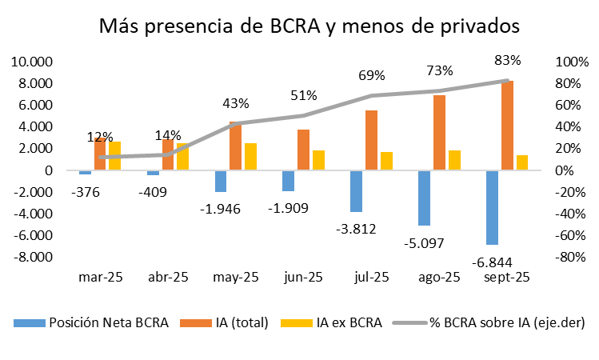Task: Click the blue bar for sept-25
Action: coord(493,207)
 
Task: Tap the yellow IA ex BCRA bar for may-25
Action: coord(250,157)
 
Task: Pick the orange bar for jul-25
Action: coord(371,140)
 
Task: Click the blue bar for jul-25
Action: coord(357,190)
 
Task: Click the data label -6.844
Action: coord(493,262)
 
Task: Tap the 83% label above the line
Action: coord(507,60)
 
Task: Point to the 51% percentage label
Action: coord(303,95)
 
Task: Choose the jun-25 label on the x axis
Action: coord(303,278)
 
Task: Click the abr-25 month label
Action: coord(168,278)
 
